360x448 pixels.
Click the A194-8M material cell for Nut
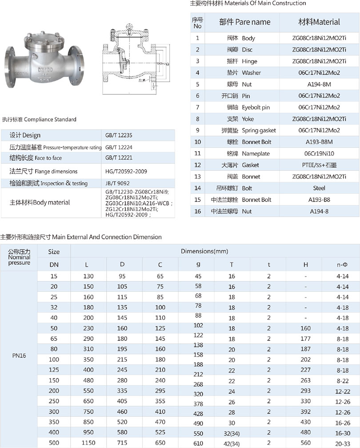[319, 84]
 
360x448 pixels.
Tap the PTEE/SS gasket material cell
[319, 165]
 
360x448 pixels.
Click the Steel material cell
[319, 188]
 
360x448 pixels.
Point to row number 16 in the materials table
[198, 211]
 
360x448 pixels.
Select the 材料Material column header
[319, 22]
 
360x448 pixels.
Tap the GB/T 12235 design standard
[116, 135]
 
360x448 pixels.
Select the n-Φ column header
[343, 265]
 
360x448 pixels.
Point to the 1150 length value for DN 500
[88, 443]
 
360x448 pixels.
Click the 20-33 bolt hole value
[343, 443]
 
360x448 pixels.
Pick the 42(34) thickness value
[232, 443]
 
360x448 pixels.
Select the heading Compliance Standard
[39, 119]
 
